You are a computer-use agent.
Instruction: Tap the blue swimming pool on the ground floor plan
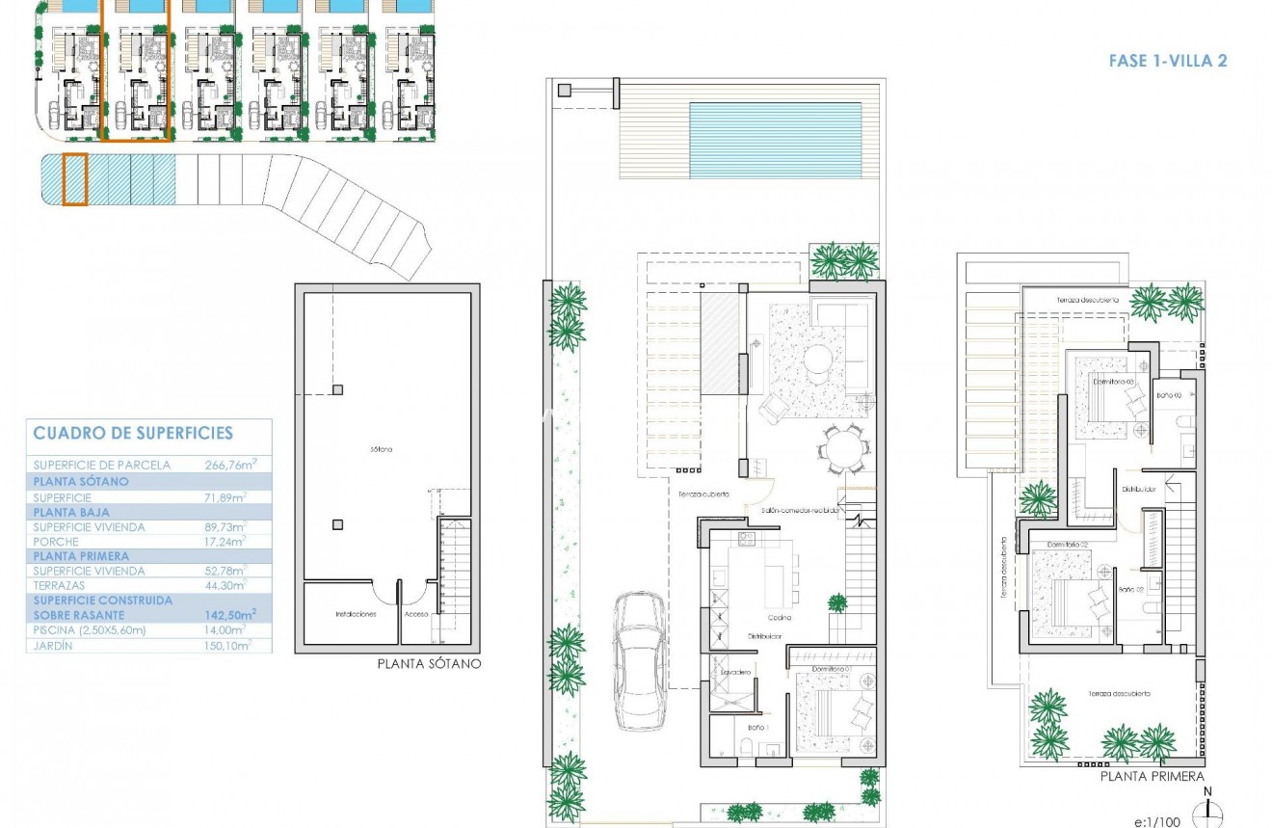[775, 141]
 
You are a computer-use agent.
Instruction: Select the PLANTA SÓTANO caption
[429, 663]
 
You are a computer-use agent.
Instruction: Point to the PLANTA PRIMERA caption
[1153, 776]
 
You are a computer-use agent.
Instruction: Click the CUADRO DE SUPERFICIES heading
[133, 434]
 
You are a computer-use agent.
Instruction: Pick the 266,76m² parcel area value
[230, 465]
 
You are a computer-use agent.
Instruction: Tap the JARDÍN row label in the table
[53, 646]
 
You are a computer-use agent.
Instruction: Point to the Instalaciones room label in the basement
[356, 613]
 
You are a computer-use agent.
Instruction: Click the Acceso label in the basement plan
[416, 613]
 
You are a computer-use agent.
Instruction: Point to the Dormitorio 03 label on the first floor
[1113, 382]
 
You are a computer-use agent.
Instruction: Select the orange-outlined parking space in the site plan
[75, 179]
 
